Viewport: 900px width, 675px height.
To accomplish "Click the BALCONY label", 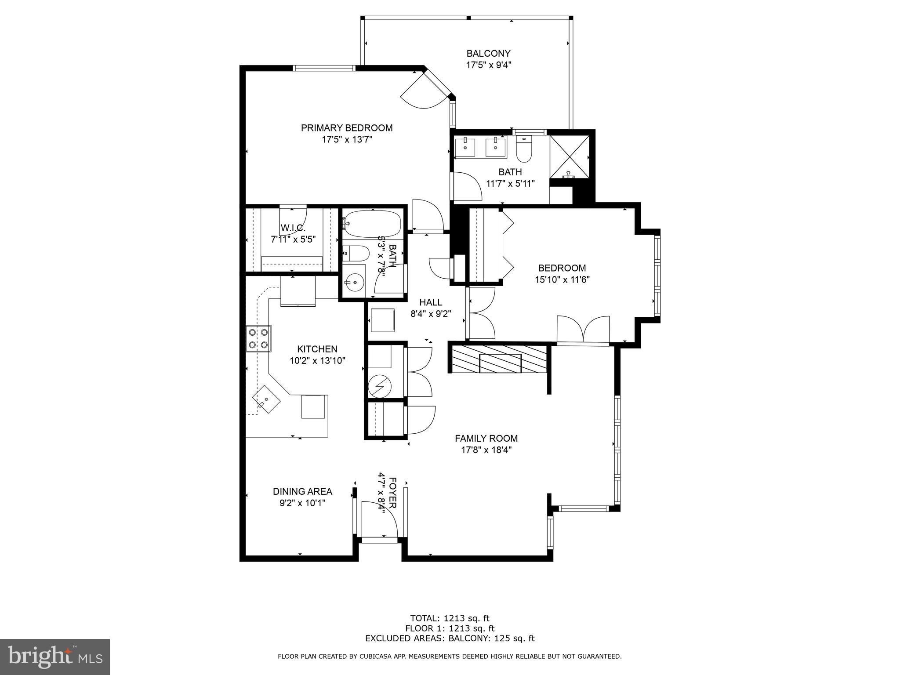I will click(488, 54).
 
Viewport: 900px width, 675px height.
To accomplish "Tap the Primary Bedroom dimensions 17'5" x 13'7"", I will click(347, 140).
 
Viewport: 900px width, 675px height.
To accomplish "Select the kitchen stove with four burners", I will click(258, 338).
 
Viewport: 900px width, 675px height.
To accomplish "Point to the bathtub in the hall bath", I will click(372, 224).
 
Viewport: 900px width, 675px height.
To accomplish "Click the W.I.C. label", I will click(293, 228).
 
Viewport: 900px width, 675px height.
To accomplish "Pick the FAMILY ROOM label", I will click(486, 438).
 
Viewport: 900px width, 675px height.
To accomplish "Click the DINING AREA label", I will click(302, 491).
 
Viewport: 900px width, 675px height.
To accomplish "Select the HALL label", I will click(431, 302).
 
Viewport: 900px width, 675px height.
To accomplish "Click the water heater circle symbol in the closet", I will click(379, 386).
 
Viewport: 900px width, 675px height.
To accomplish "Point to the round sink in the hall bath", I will click(354, 282).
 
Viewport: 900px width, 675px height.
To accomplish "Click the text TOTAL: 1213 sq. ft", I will click(450, 618).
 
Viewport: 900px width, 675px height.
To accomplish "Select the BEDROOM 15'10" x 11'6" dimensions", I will click(562, 279).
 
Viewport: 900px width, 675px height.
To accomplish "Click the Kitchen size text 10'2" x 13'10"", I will click(317, 361).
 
